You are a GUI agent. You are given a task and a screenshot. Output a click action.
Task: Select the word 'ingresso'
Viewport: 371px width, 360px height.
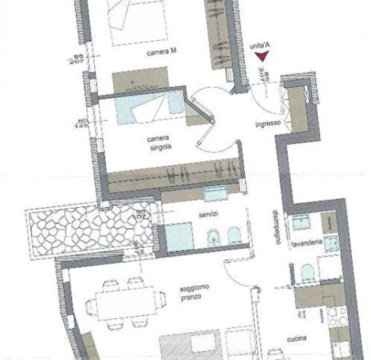tap(265, 124)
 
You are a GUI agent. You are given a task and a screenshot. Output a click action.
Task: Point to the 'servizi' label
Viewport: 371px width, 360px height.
tap(208, 215)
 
